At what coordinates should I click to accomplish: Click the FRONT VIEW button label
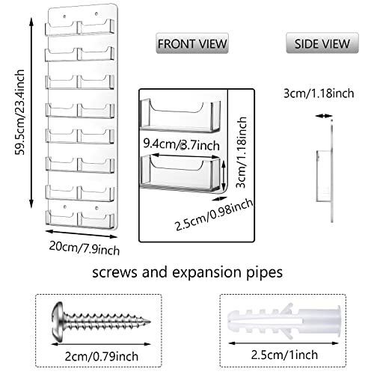coord(192,43)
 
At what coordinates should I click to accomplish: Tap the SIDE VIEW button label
coord(322,43)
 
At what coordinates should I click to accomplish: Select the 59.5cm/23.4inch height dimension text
coord(19,112)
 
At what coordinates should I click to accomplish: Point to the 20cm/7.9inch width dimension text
coord(85,248)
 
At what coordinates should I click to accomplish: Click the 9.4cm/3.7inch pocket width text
coord(182,144)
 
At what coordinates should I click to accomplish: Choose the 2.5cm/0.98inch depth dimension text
coord(214,215)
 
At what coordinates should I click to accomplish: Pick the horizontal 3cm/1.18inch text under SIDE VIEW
coord(319,93)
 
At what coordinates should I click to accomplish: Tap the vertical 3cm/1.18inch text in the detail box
coord(242,153)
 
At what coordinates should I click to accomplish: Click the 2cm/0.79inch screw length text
coord(102,356)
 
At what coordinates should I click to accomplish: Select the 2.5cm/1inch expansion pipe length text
coord(284,355)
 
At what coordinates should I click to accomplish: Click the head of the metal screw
coord(58,321)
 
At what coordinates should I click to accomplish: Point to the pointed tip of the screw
coord(150,322)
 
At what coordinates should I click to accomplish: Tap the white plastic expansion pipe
coord(284,322)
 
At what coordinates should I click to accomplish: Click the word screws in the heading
coord(114,272)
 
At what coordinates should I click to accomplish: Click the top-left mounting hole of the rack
coord(64,16)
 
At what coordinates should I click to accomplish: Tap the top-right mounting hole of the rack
coord(96,13)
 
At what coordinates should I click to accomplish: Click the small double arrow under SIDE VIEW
coord(324,116)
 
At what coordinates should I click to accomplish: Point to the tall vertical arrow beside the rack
coord(31,112)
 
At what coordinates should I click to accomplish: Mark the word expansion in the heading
coord(206,273)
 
